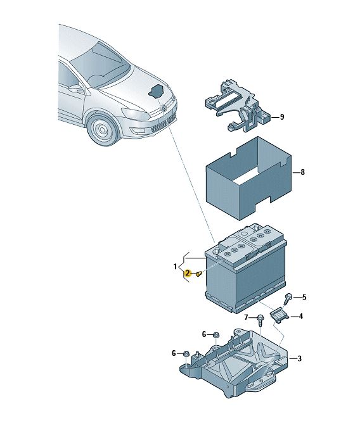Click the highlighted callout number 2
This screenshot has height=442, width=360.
(187, 273)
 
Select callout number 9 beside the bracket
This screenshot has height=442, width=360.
(282, 117)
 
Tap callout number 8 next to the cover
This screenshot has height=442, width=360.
(302, 172)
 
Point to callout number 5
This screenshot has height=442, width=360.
(304, 297)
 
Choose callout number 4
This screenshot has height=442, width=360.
(301, 316)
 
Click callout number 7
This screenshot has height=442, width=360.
(246, 317)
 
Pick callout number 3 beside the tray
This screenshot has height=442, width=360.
(299, 358)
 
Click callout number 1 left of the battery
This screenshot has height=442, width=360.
(175, 267)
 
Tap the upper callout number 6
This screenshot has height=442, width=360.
(204, 334)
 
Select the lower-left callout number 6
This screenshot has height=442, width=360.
(174, 353)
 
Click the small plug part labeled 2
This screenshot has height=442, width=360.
(198, 273)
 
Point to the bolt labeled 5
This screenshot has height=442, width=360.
(288, 298)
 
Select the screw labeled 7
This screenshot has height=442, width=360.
(260, 321)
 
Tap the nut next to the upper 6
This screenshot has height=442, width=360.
(216, 335)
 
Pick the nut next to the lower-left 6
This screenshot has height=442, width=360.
(186, 353)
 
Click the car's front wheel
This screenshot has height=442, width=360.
(103, 129)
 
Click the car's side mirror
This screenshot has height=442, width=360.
(77, 89)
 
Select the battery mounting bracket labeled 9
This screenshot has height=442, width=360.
(238, 106)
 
